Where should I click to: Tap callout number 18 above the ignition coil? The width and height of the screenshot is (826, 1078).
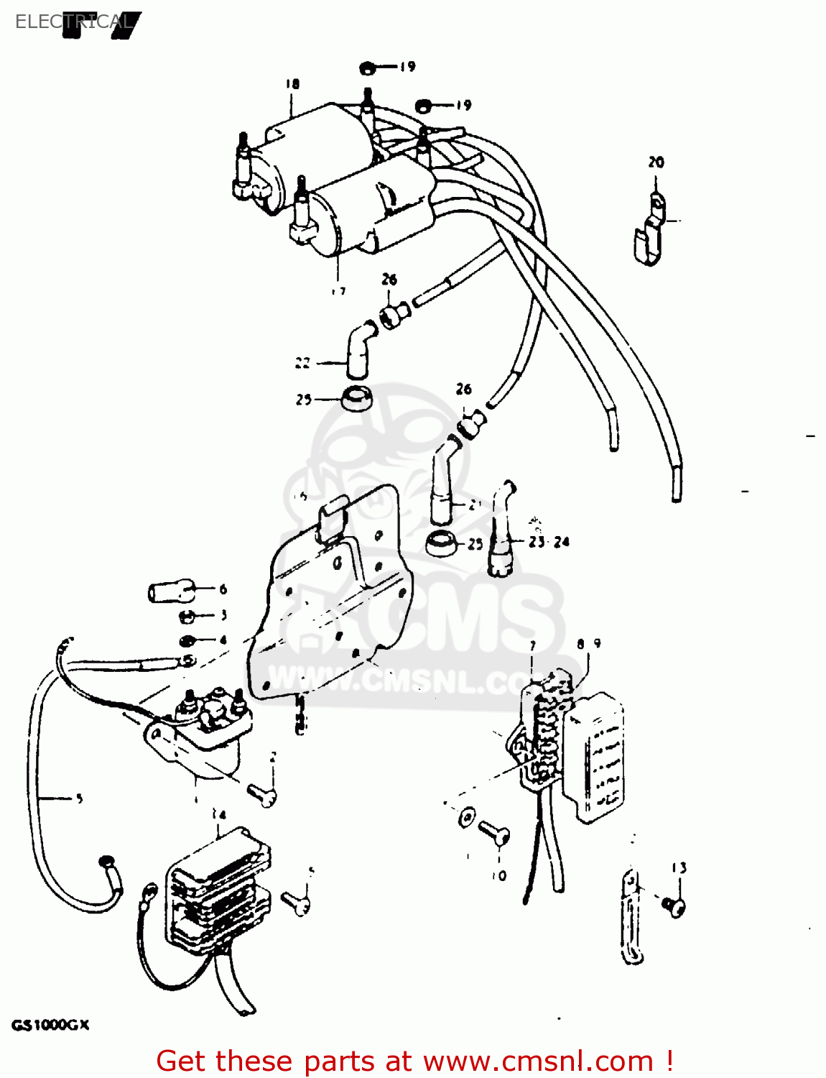point(292,84)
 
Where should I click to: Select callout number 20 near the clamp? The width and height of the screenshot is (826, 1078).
point(656,162)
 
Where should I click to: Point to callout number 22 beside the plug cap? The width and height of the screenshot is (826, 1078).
point(303,363)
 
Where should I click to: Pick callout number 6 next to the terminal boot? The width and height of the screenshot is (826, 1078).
point(223,589)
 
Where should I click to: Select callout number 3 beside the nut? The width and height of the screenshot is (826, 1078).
point(223,615)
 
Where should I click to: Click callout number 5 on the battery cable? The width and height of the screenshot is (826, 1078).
point(79,798)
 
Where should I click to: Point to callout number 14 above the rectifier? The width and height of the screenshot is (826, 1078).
point(218,815)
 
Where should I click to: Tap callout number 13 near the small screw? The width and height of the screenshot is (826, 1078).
point(679,868)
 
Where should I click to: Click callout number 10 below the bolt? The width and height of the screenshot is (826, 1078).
point(499,876)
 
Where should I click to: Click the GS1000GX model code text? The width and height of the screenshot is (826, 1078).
point(50,1026)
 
